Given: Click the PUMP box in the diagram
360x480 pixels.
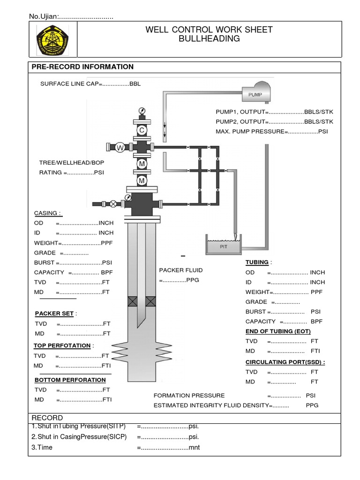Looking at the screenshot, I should click(255, 94).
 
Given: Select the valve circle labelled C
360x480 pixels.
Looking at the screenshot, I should click(142, 130).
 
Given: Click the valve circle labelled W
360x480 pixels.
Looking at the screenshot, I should click(120, 148).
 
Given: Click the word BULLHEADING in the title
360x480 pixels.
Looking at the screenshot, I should click(209, 39).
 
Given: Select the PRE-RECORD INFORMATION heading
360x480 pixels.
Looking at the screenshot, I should click(82, 67).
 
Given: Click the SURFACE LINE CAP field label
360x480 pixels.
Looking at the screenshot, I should click(69, 84).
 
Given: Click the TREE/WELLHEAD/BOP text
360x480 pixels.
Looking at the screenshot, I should click(72, 162).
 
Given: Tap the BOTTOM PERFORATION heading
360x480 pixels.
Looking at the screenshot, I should click(70, 380).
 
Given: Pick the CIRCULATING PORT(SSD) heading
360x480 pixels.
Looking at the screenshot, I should click(285, 362).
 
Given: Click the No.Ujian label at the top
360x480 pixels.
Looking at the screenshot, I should click(44, 17).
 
